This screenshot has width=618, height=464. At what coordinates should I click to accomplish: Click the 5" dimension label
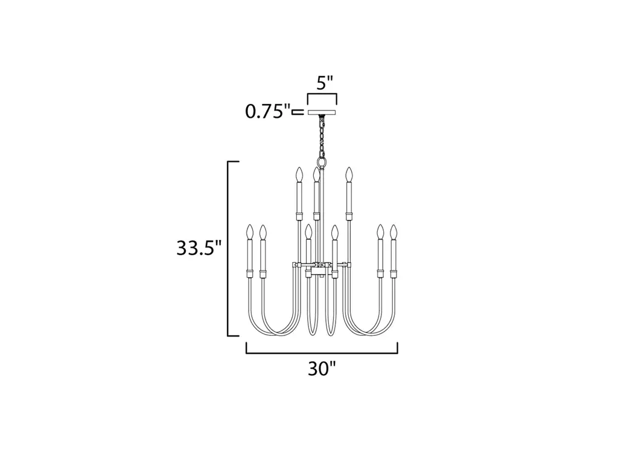[x=325, y=83]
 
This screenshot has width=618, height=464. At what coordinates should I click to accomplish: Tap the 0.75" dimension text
[x=267, y=112]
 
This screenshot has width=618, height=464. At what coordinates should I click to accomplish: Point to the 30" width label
[x=322, y=369]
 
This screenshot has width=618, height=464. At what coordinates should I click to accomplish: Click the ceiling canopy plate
[x=322, y=112]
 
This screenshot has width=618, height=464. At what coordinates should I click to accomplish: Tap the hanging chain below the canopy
[x=322, y=136]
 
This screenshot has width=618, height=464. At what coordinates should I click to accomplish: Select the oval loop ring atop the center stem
[x=322, y=163]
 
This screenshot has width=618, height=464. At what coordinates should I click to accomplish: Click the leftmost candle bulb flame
[x=249, y=232]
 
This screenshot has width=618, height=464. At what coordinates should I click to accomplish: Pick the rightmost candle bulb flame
[x=393, y=232]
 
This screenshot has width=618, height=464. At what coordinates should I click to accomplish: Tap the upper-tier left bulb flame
[x=299, y=175]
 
